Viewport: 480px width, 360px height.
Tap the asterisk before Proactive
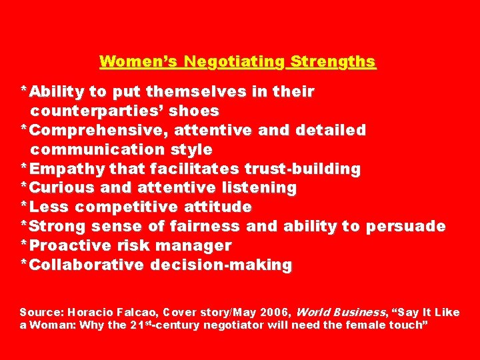click(x=24, y=244)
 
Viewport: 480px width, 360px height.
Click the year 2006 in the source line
click(x=274, y=312)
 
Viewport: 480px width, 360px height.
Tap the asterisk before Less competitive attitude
click(x=24, y=205)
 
